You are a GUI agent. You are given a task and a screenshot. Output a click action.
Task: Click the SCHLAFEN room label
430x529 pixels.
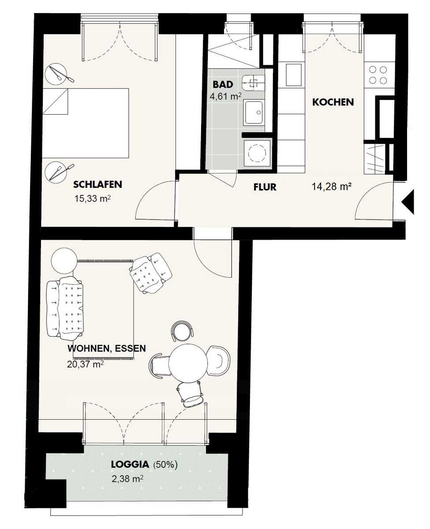[x=97, y=185]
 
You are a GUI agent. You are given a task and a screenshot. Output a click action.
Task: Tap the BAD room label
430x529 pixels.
[x=223, y=85]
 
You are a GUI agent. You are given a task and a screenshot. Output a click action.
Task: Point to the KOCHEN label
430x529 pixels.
[x=333, y=102]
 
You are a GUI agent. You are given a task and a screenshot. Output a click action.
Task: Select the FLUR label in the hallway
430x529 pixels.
[x=265, y=187]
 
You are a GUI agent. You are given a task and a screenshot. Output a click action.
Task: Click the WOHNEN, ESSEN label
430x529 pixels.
[x=107, y=348]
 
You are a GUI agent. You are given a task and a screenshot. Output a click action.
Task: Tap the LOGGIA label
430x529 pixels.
[x=130, y=464]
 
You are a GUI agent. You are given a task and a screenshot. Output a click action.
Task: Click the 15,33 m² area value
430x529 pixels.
[x=93, y=198]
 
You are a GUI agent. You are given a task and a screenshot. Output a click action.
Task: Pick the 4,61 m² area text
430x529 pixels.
[x=225, y=96]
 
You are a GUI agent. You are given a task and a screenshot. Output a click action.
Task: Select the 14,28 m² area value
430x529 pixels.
[x=331, y=186]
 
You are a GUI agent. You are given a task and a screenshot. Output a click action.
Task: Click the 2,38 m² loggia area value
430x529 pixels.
[x=127, y=479]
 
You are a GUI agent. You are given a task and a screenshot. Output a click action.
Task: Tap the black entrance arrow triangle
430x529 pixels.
[x=408, y=201]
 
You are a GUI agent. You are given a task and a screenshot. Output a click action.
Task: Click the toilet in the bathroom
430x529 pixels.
[x=253, y=82]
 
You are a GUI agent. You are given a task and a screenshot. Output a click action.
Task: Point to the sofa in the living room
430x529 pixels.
[x=65, y=307]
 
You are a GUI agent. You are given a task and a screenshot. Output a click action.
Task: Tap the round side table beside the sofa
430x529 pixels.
[x=64, y=261]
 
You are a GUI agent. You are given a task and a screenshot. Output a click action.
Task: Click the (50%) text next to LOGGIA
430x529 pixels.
[x=165, y=465]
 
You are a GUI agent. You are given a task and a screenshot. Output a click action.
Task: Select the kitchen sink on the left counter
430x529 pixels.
[x=294, y=75]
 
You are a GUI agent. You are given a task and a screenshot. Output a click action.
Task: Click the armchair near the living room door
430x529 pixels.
[x=150, y=273]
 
